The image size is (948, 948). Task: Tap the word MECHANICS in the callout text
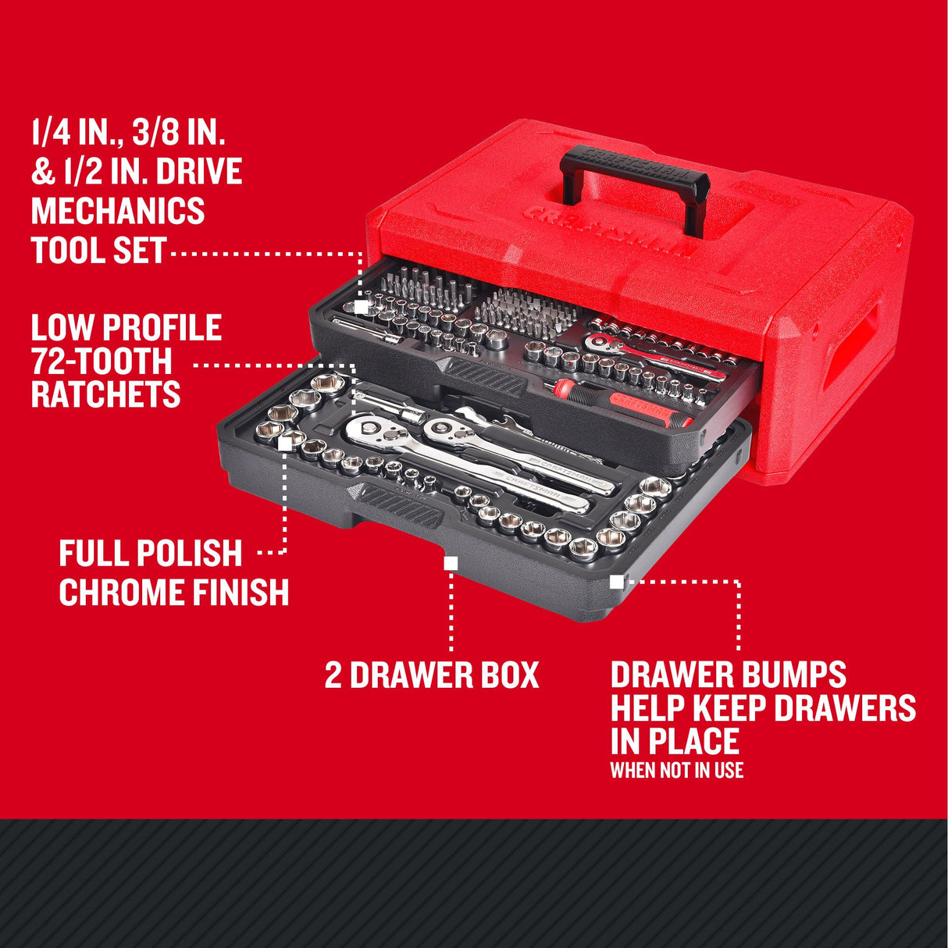coord(118,211)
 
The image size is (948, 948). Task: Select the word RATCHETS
coord(105,394)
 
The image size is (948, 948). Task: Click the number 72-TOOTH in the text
coord(102,361)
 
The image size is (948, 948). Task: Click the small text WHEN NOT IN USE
coord(676,771)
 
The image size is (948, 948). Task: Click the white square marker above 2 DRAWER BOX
coord(451,562)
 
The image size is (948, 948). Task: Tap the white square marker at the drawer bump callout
coord(616,581)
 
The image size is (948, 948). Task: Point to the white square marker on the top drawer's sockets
coord(361,307)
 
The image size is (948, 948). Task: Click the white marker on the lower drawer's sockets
coord(285,443)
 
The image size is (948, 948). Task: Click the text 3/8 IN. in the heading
coord(178,133)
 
